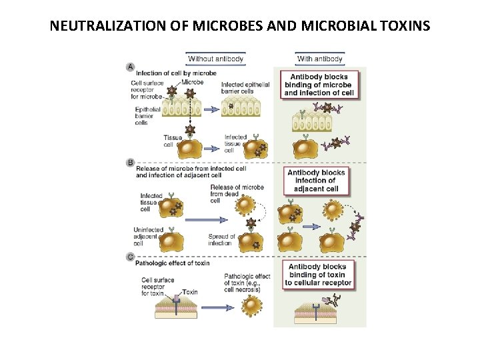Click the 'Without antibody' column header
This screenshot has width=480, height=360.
[x=215, y=59]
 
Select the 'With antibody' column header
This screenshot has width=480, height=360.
[x=319, y=59]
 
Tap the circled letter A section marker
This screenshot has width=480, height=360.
[x=130, y=66]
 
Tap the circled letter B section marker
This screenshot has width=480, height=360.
[x=130, y=162]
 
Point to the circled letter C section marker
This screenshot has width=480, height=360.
[x=130, y=255]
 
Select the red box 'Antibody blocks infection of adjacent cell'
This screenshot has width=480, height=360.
[x=316, y=180]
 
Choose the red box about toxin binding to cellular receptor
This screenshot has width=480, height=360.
[x=317, y=275]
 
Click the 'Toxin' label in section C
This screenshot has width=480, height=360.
[x=190, y=292]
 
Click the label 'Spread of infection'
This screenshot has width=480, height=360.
[x=221, y=239]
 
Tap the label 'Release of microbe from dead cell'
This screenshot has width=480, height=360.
[x=237, y=193]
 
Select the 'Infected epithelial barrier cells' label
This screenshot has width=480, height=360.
[x=245, y=89]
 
